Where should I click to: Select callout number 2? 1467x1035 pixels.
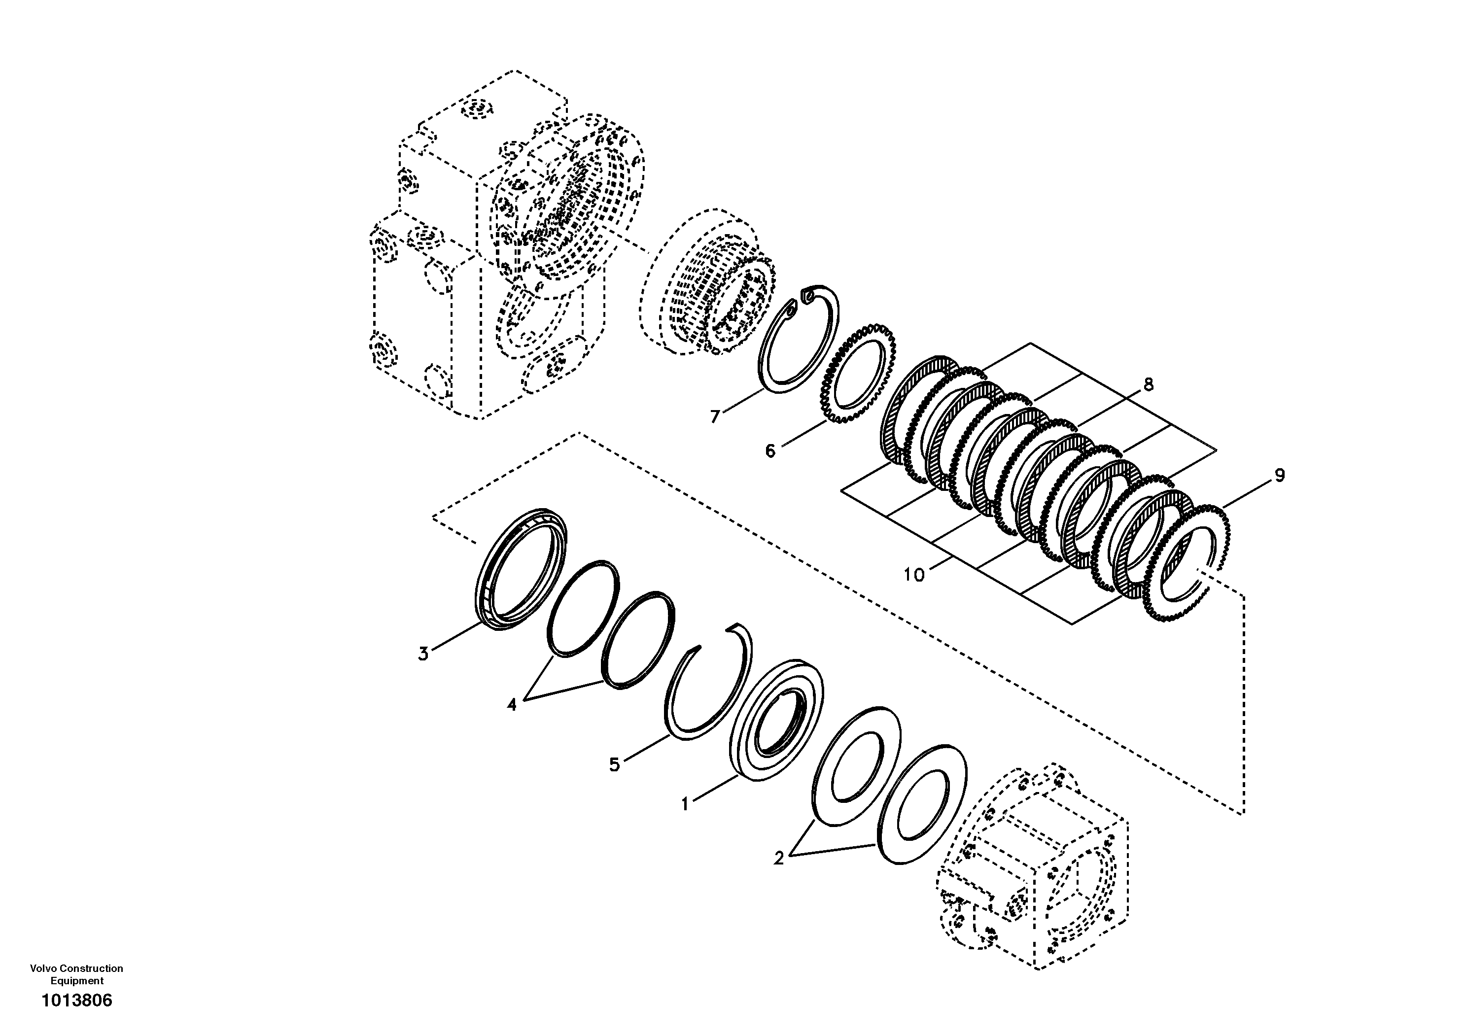[778, 859]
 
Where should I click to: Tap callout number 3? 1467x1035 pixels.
[423, 654]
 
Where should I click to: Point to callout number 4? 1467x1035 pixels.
[512, 705]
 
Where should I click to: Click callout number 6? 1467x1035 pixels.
[770, 451]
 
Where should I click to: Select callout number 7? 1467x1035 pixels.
[715, 416]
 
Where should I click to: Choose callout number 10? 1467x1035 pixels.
[914, 575]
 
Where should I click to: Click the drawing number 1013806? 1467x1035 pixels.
[77, 1000]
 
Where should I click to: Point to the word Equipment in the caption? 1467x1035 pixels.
[77, 981]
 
